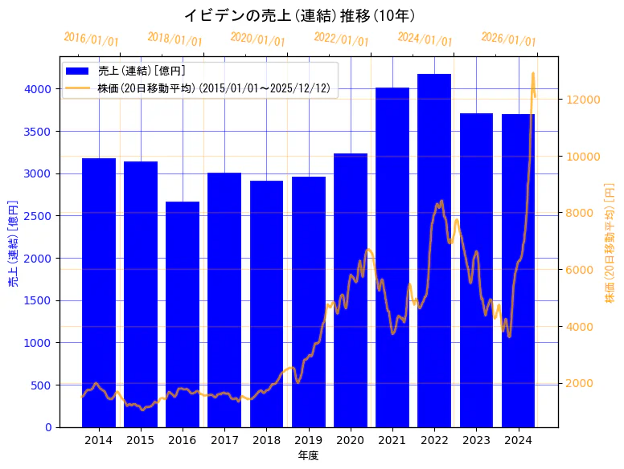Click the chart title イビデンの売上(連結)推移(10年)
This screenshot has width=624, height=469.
pyautogui.click(x=299, y=15)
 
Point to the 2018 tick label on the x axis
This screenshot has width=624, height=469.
pyautogui.click(x=266, y=440)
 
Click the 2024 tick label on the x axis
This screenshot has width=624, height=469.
pyautogui.click(x=518, y=440)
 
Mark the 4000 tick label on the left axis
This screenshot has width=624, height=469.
pyautogui.click(x=39, y=89)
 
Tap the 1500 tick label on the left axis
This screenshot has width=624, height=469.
pyautogui.click(x=39, y=300)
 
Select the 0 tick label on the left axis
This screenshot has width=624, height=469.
pyautogui.click(x=48, y=427)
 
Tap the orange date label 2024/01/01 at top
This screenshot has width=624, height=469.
pyautogui.click(x=425, y=39)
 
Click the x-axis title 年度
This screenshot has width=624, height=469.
pyautogui.click(x=308, y=455)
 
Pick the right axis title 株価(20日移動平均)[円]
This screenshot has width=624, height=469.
pyautogui.click(x=610, y=243)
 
